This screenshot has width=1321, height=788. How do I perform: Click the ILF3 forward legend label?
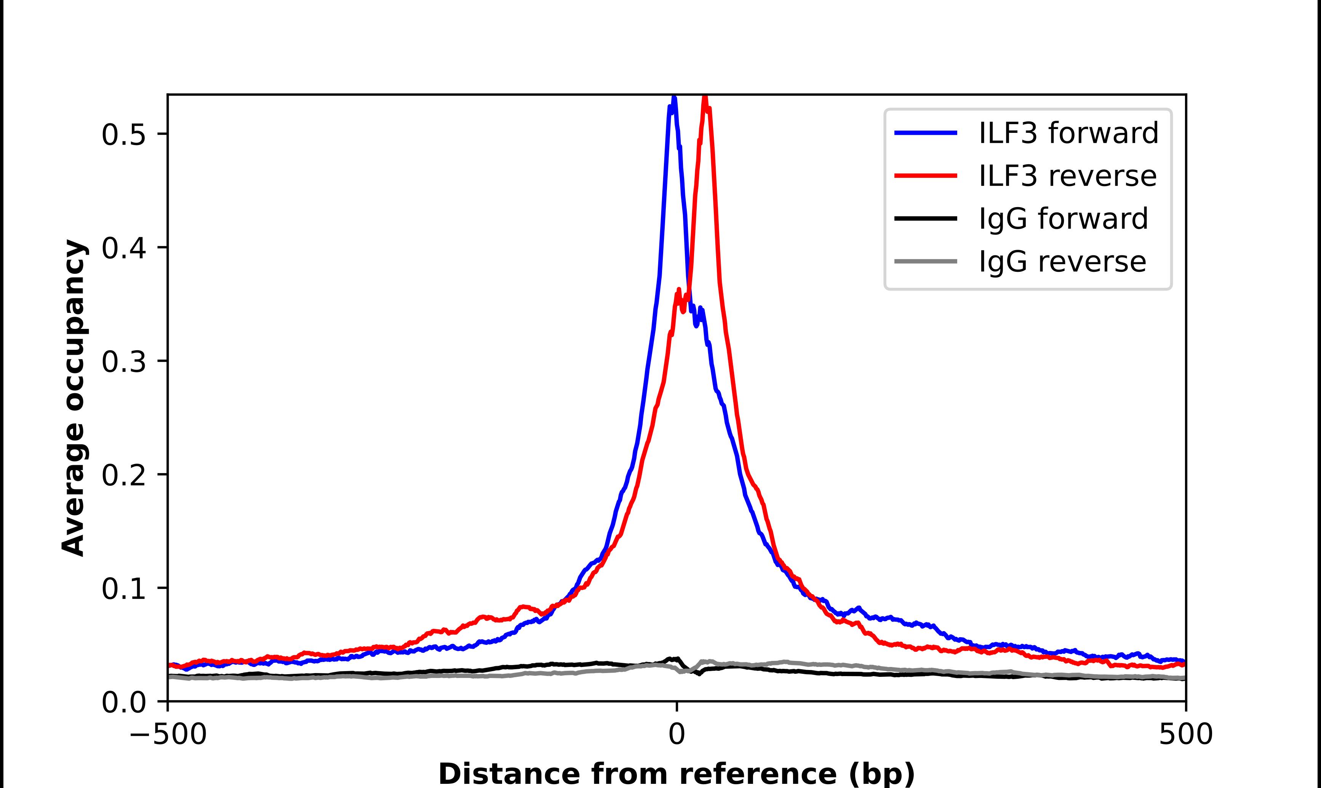coord(1068,133)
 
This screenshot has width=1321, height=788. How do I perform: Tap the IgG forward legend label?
coord(1063,219)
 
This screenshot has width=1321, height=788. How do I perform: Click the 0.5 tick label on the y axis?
coord(123,134)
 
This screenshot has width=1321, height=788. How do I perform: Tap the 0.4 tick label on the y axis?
coord(123,248)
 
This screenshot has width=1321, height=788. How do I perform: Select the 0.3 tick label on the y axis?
coord(123,362)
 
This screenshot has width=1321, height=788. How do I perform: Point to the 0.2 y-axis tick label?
coord(123,475)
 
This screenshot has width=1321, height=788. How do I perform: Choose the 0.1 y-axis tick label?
coord(123,589)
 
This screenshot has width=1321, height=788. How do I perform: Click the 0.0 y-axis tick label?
coord(123,702)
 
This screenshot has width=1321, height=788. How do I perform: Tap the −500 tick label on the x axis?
coord(168,734)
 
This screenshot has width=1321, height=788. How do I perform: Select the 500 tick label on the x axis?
coord(1185,734)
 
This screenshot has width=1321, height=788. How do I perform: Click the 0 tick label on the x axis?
coord(676,734)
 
